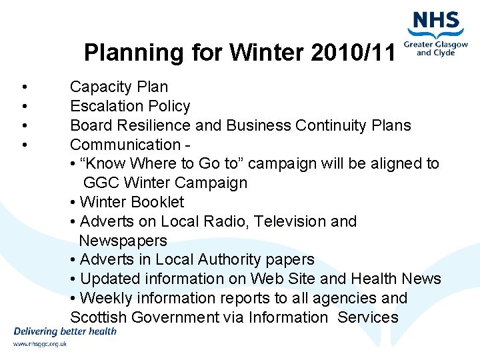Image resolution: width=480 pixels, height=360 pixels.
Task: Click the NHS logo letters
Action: pyautogui.click(x=437, y=21)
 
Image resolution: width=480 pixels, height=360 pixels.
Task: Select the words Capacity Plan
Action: pyautogui.click(x=119, y=87)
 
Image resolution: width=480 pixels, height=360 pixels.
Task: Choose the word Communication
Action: pyautogui.click(x=125, y=145)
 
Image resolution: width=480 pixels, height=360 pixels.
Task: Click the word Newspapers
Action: pyautogui.click(x=123, y=241)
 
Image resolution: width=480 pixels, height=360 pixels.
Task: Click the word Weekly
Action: pyautogui.click(x=105, y=299)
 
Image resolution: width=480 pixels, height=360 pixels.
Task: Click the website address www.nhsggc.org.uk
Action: pyautogui.click(x=40, y=344)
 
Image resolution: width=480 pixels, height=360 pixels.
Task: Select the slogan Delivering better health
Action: pyautogui.click(x=65, y=331)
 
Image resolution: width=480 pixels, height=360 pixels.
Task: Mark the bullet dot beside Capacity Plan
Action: pyautogui.click(x=24, y=87)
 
